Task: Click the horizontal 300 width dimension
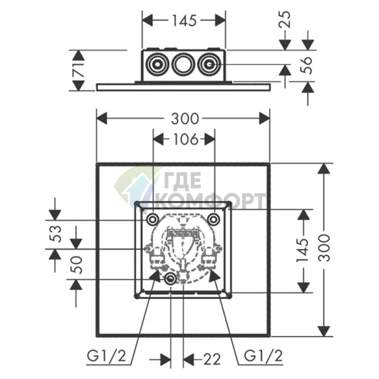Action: (x=183, y=118)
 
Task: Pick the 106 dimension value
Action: (x=183, y=139)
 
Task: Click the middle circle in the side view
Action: (x=182, y=65)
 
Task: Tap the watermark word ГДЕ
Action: (x=180, y=184)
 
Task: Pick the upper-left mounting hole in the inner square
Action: (x=151, y=220)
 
